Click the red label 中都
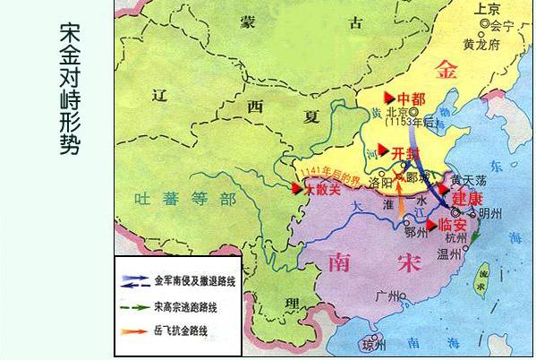tap(413, 98)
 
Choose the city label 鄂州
tap(418, 234)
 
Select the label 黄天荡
tap(469, 179)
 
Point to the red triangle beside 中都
tap(388, 96)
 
